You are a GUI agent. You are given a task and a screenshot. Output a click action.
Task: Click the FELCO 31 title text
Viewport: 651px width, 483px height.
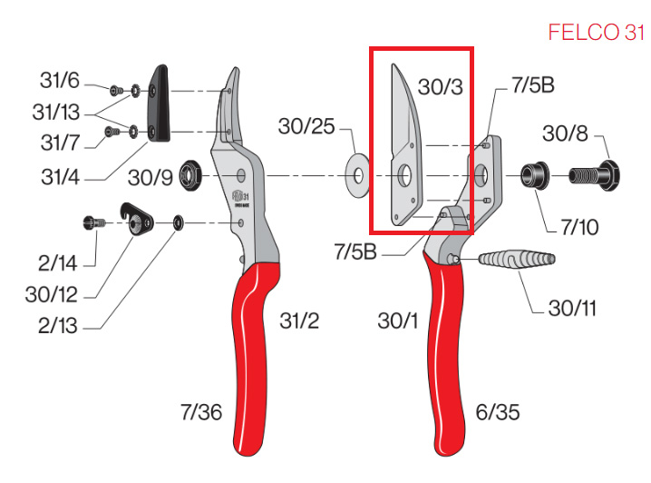click(x=597, y=33)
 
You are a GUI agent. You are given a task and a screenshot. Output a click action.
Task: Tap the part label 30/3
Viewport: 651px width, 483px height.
click(x=440, y=87)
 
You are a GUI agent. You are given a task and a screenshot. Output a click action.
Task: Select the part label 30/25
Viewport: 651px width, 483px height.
click(x=306, y=126)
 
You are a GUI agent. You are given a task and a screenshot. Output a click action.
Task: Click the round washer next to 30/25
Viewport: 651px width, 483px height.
click(x=358, y=175)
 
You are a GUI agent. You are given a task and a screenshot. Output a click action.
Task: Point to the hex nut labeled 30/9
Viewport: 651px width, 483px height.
click(x=189, y=175)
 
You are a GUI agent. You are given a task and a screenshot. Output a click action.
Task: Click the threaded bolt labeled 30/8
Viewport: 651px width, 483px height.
click(x=594, y=175)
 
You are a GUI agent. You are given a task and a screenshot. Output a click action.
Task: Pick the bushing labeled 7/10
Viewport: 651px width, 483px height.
click(x=535, y=175)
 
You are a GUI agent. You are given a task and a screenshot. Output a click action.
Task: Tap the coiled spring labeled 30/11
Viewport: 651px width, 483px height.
click(x=517, y=260)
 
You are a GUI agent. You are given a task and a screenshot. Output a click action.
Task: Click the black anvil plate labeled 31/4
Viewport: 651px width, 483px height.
click(x=159, y=103)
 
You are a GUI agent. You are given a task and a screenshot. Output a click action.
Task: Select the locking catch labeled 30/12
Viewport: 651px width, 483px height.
click(x=137, y=220)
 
